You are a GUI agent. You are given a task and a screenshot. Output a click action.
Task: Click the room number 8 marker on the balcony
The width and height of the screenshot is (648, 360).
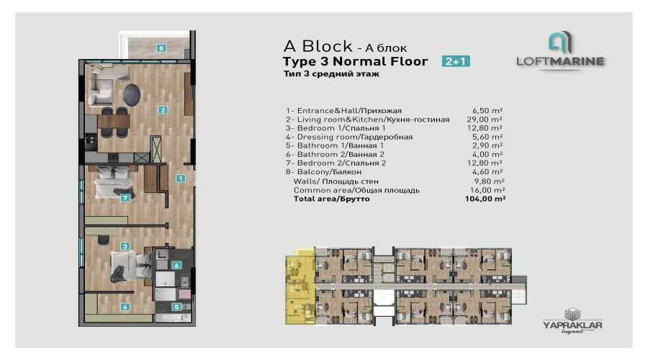click(161, 48)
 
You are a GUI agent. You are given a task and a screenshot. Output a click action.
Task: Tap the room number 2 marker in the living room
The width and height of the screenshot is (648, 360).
click(163, 110)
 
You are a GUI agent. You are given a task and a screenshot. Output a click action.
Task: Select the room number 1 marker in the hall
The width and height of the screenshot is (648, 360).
click(180, 178)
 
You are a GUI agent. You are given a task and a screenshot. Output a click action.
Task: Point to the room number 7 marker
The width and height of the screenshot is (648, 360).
click(125, 198)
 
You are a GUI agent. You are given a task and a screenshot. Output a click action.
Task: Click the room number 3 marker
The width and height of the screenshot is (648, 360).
click(125, 246)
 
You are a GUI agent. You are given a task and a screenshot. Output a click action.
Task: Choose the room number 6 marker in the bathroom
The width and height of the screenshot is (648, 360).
click(176, 266)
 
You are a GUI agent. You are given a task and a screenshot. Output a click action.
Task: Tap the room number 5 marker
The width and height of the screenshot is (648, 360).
click(176, 307)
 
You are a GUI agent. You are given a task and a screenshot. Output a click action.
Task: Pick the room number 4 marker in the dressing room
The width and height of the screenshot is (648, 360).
click(125, 307)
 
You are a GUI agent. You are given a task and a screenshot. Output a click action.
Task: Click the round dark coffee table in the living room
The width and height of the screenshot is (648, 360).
click(132, 94)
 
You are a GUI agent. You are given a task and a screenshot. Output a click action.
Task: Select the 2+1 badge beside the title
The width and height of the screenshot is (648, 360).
click(456, 61)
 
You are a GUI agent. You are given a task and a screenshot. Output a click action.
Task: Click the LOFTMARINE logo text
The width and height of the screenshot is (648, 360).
click(560, 62)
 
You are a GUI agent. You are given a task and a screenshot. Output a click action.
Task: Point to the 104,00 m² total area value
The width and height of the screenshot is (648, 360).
click(485, 199)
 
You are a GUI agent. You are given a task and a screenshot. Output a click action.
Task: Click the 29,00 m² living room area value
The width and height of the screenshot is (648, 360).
click(485, 120)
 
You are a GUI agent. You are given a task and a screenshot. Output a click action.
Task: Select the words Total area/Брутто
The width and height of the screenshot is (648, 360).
click(331, 199)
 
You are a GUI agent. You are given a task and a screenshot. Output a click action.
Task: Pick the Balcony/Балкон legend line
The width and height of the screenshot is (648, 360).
click(323, 171)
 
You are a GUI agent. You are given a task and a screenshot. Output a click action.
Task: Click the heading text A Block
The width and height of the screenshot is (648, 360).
click(318, 46)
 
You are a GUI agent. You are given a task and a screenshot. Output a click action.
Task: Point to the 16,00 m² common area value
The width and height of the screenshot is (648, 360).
click(487, 190)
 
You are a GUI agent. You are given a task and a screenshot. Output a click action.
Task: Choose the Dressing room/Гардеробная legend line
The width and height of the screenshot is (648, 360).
click(349, 137)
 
